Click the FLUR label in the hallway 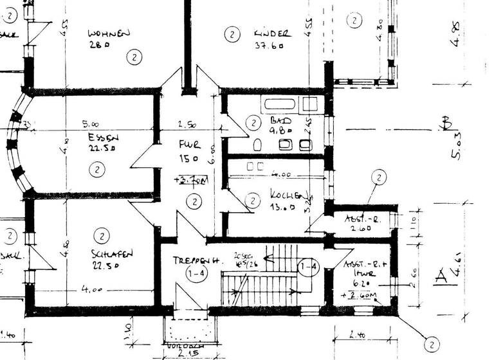pyautogui.click(x=190, y=146)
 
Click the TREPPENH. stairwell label pyautogui.click(x=197, y=261)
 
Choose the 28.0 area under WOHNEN pyautogui.click(x=100, y=45)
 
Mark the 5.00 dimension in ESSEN pyautogui.click(x=90, y=124)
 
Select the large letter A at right pyautogui.click(x=441, y=276)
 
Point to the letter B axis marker pyautogui.click(x=444, y=123)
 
